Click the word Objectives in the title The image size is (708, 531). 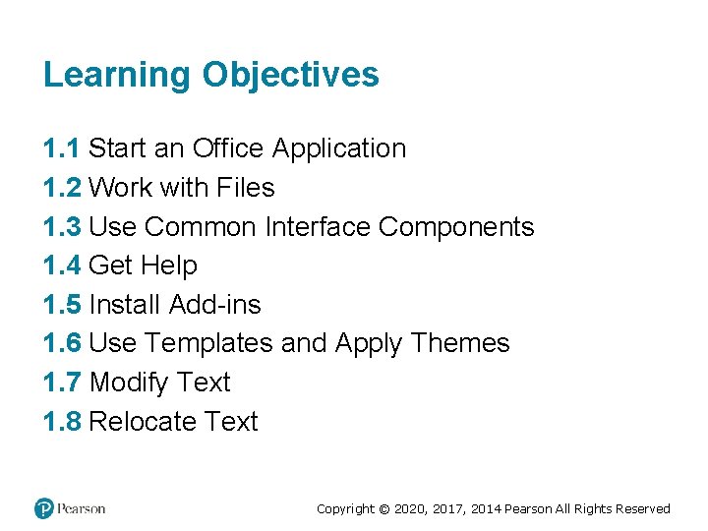[x=290, y=76]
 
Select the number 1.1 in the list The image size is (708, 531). [x=62, y=148]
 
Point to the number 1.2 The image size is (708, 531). [x=62, y=188]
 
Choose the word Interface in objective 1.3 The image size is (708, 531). [x=318, y=227]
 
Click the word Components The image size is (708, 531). [x=456, y=227]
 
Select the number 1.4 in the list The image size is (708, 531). [x=62, y=265]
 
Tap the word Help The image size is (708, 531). [x=169, y=265]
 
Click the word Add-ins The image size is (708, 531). [x=215, y=305]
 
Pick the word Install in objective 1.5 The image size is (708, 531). [x=125, y=305]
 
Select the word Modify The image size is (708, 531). [x=129, y=383]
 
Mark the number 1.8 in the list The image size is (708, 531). [x=62, y=422]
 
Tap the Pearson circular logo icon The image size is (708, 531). [x=44, y=508]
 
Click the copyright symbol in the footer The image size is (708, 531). [x=384, y=509]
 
